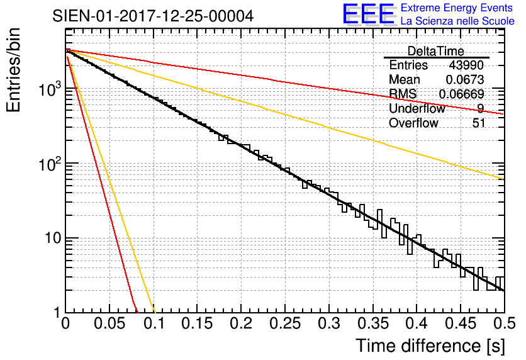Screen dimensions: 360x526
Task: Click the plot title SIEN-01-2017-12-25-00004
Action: click(x=154, y=16)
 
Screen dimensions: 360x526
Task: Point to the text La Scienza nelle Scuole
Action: click(x=457, y=21)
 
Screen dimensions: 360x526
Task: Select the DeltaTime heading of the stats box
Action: click(x=436, y=51)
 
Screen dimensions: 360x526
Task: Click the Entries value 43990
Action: click(x=467, y=65)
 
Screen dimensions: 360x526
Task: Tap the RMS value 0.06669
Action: click(x=461, y=94)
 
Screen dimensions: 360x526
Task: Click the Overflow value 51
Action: click(x=479, y=123)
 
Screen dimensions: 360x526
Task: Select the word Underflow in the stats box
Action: click(x=417, y=109)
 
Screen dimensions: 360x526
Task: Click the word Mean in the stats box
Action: click(x=405, y=80)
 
